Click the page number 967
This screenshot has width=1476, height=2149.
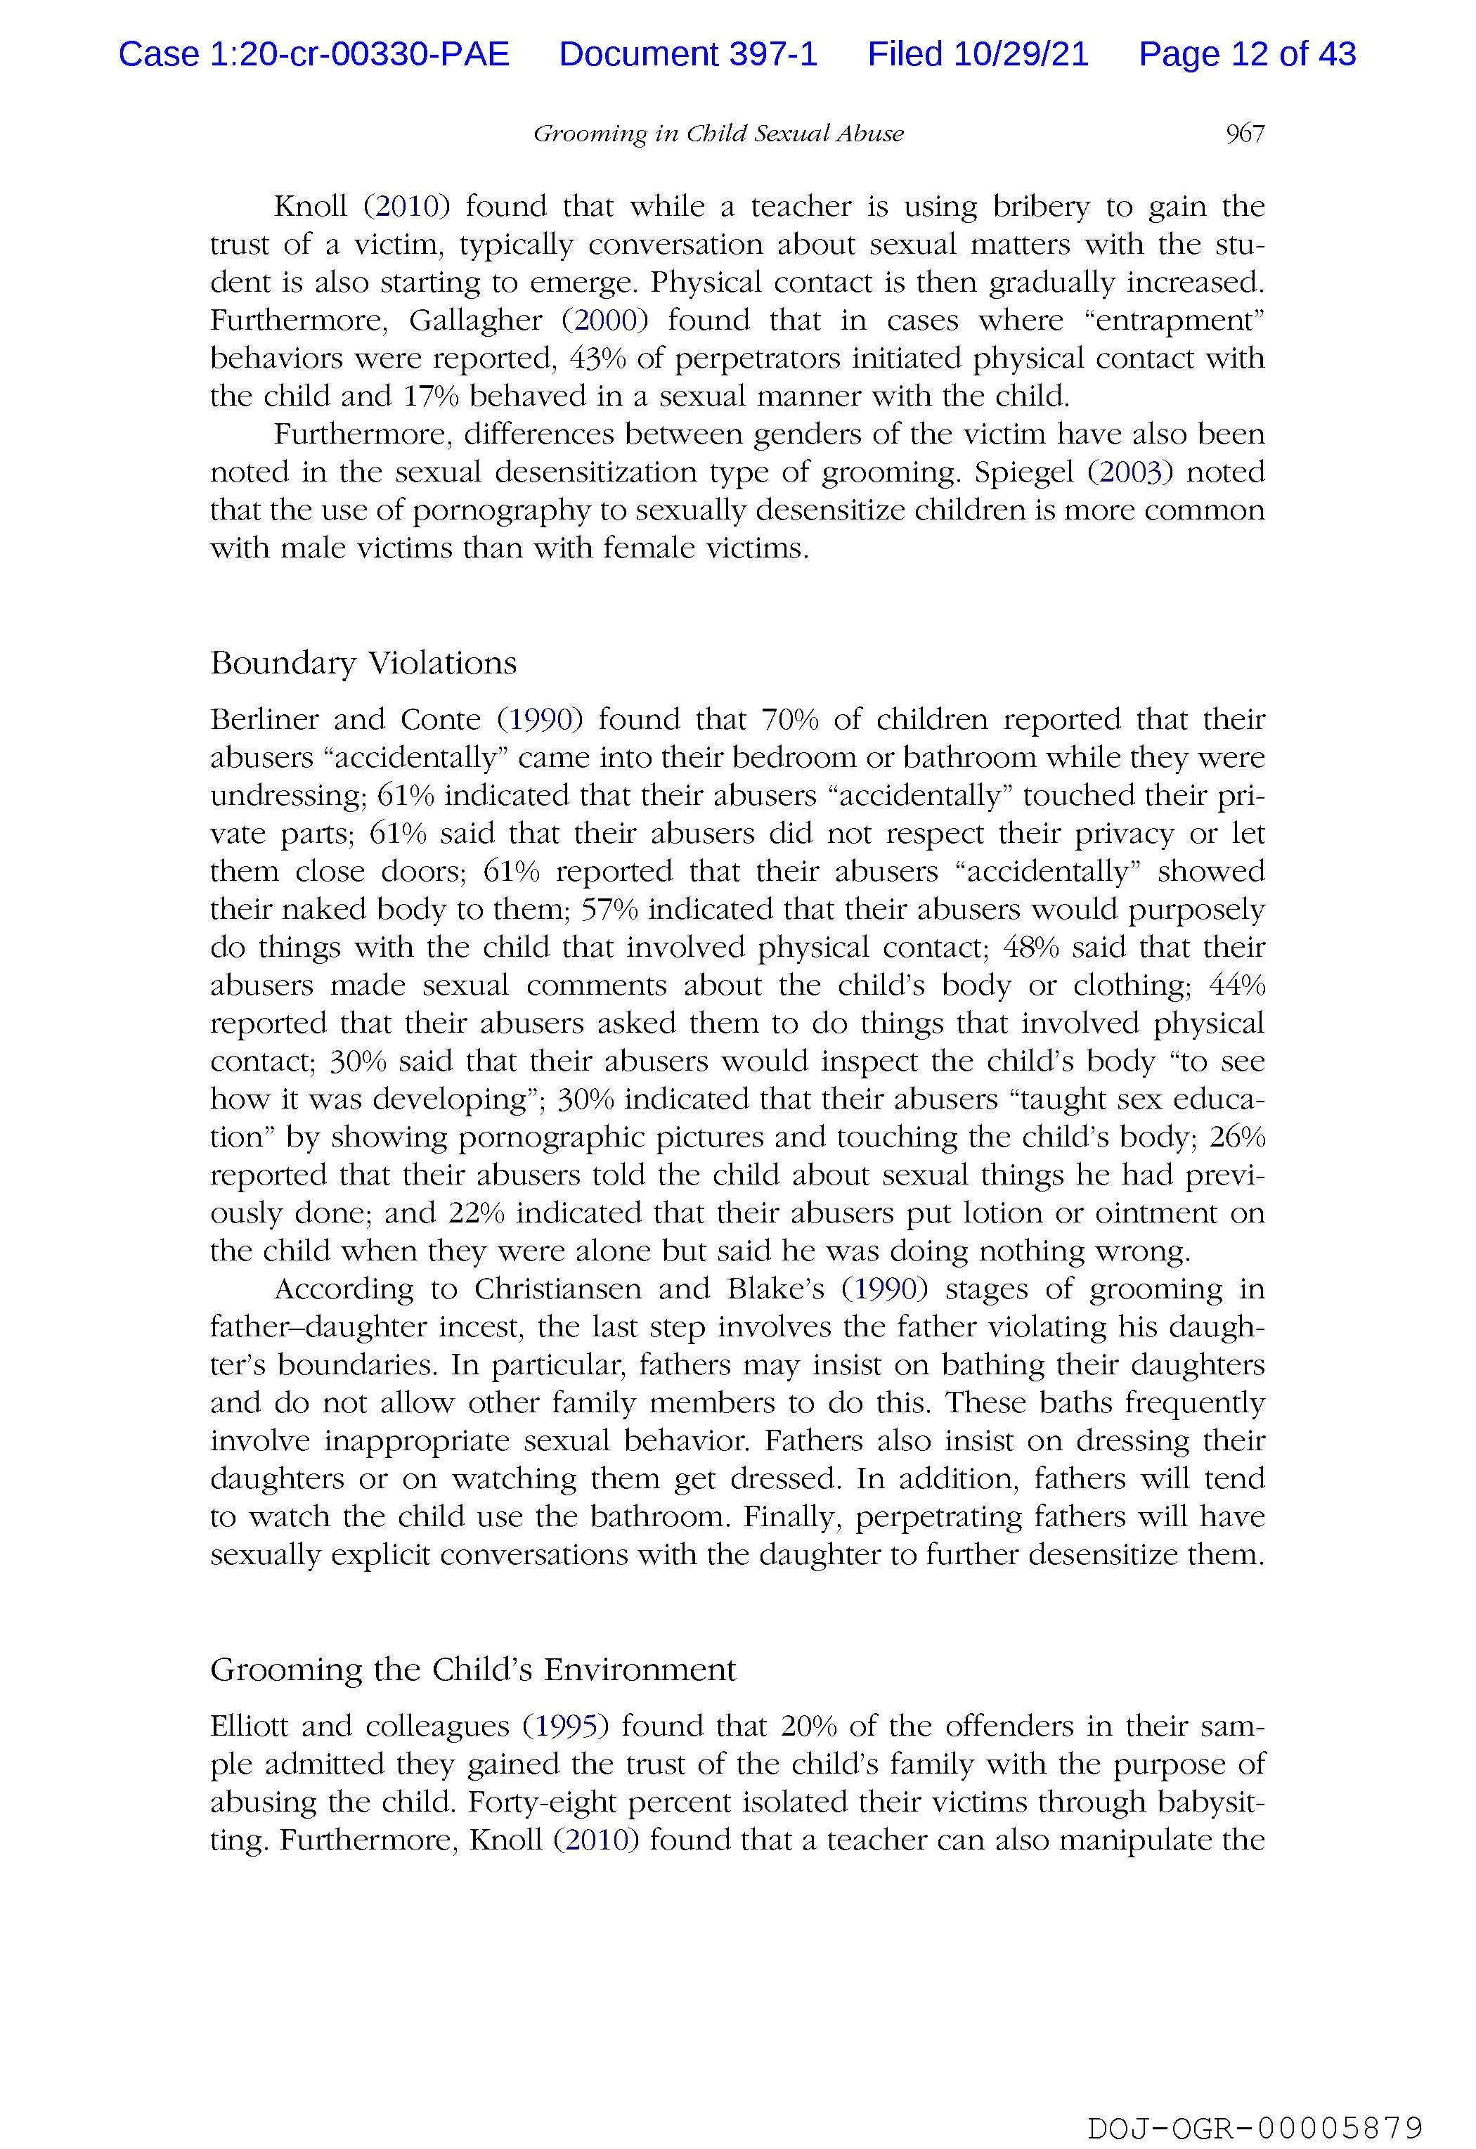(1244, 134)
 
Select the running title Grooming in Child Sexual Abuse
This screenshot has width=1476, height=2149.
(718, 134)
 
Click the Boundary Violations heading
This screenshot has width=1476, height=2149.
(363, 663)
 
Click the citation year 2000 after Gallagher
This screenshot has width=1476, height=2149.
(605, 321)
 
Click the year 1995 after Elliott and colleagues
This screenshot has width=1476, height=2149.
(566, 1727)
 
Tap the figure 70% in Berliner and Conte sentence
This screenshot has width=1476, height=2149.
(788, 719)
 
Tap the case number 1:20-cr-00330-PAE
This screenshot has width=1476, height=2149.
(360, 55)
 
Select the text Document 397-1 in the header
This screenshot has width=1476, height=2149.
(688, 55)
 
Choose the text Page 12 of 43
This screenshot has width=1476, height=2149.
(1247, 55)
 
